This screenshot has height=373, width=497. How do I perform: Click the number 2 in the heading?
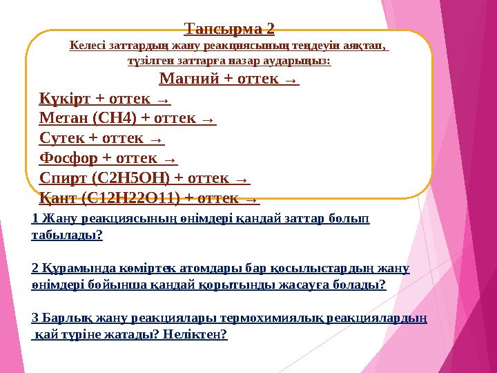coord(270,29)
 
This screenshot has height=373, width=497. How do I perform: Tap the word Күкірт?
coord(66,99)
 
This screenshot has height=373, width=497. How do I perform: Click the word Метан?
coord(64,118)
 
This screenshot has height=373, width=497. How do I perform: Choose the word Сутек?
coord(62,138)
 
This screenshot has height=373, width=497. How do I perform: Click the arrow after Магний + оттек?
coord(291,80)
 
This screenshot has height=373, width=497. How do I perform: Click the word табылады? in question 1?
coord(67,236)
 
